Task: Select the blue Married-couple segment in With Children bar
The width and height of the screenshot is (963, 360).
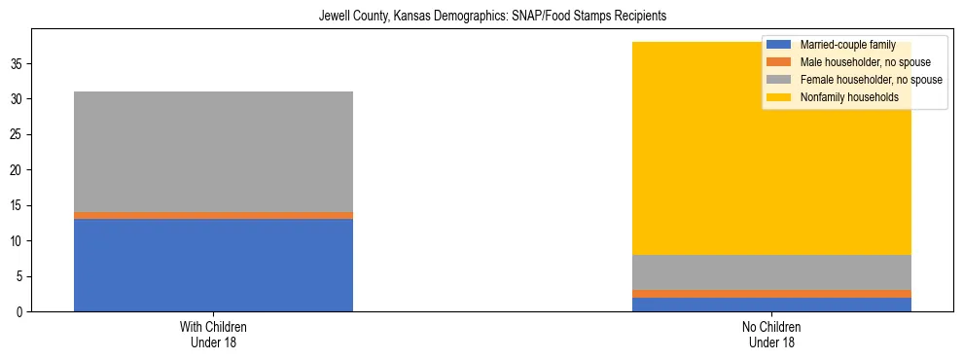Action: click(x=213, y=265)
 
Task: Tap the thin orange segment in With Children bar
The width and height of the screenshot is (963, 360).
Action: click(x=213, y=215)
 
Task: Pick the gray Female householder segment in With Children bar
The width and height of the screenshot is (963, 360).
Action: click(x=213, y=152)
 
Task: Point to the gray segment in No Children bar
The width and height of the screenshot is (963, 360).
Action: click(x=771, y=271)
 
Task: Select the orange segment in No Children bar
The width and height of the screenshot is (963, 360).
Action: click(x=771, y=294)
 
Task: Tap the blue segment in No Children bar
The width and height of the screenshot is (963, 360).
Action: click(x=771, y=305)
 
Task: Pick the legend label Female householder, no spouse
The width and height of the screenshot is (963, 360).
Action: click(x=871, y=80)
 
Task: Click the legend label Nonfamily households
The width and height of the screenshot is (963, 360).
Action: click(x=842, y=97)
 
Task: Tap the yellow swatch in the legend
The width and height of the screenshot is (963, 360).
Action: click(x=779, y=97)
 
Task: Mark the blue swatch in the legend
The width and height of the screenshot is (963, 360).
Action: click(x=779, y=45)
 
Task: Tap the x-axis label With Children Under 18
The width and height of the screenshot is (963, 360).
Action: click(x=213, y=335)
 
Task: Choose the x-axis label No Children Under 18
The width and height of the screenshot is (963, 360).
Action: click(x=771, y=335)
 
